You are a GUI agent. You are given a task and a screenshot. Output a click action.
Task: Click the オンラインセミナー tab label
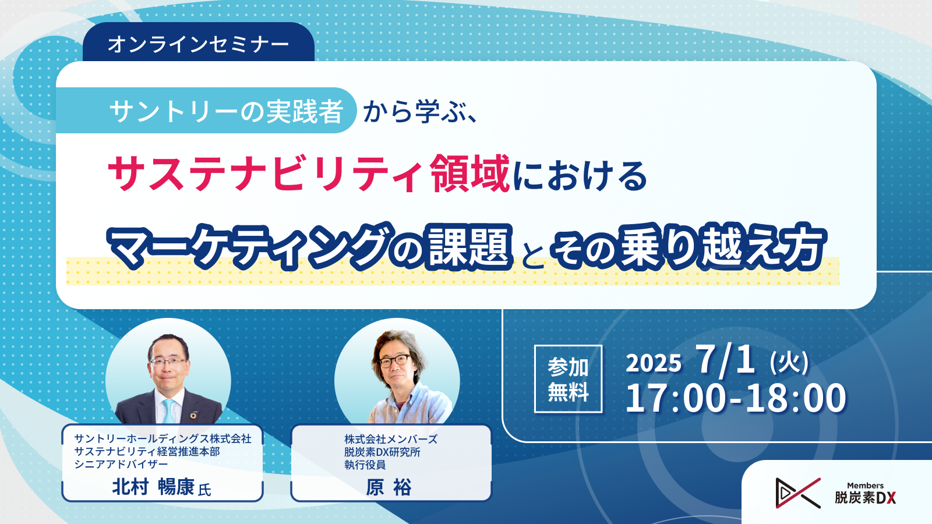point(198,44)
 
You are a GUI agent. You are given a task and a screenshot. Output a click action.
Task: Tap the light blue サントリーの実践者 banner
point(206,110)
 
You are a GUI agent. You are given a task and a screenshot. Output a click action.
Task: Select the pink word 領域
point(470,173)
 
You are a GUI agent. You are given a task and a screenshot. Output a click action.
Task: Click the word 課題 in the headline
point(470,246)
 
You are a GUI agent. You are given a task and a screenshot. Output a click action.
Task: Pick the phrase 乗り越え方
point(721,246)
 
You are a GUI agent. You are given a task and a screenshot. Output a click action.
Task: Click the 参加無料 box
point(569,379)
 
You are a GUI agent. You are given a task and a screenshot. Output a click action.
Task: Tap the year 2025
point(653,363)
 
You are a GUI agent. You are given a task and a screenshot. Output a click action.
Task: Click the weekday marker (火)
point(789,362)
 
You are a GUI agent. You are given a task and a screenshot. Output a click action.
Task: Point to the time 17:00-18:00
point(736,398)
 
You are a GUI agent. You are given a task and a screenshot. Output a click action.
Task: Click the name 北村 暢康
point(153,487)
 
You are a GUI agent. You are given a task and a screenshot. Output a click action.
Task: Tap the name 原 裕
point(389,487)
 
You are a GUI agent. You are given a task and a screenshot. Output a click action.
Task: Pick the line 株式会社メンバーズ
point(391,439)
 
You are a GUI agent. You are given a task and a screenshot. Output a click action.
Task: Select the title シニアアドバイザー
point(121,464)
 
